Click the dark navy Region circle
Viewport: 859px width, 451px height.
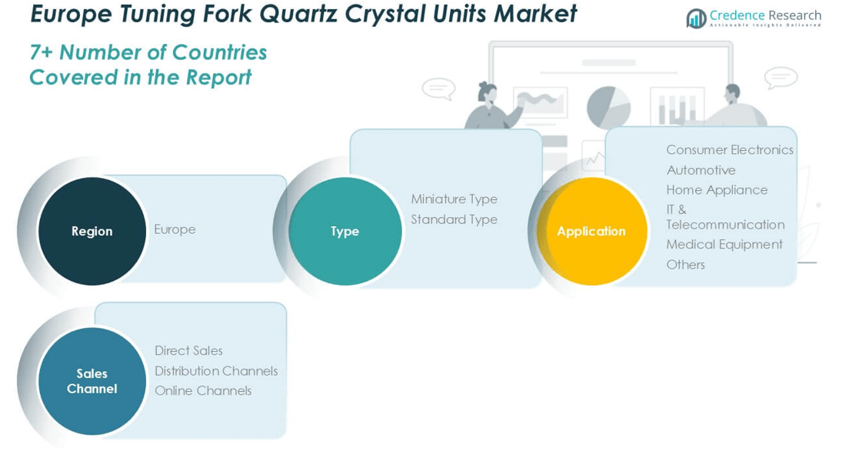[92, 231]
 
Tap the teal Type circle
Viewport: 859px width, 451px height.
[345, 231]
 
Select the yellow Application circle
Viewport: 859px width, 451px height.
[591, 231]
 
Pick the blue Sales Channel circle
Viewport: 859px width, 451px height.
[92, 381]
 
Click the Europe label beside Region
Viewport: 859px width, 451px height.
[175, 229]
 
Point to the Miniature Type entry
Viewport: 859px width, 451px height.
[454, 199]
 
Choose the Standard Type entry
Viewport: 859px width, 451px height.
[454, 219]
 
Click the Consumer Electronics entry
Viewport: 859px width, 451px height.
[729, 149]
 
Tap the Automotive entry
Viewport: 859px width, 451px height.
[701, 170]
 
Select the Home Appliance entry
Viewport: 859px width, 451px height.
[717, 190]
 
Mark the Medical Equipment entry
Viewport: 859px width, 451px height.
[724, 245]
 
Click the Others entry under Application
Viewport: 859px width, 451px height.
[685, 265]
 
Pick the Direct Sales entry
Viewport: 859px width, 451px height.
[188, 351]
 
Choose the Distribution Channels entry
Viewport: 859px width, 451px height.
[216, 371]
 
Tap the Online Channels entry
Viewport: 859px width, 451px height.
[203, 391]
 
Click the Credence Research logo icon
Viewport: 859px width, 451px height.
[696, 18]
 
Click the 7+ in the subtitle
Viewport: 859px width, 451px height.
[42, 52]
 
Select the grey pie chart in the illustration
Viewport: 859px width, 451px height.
[608, 107]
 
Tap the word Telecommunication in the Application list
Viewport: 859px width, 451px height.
[725, 225]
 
